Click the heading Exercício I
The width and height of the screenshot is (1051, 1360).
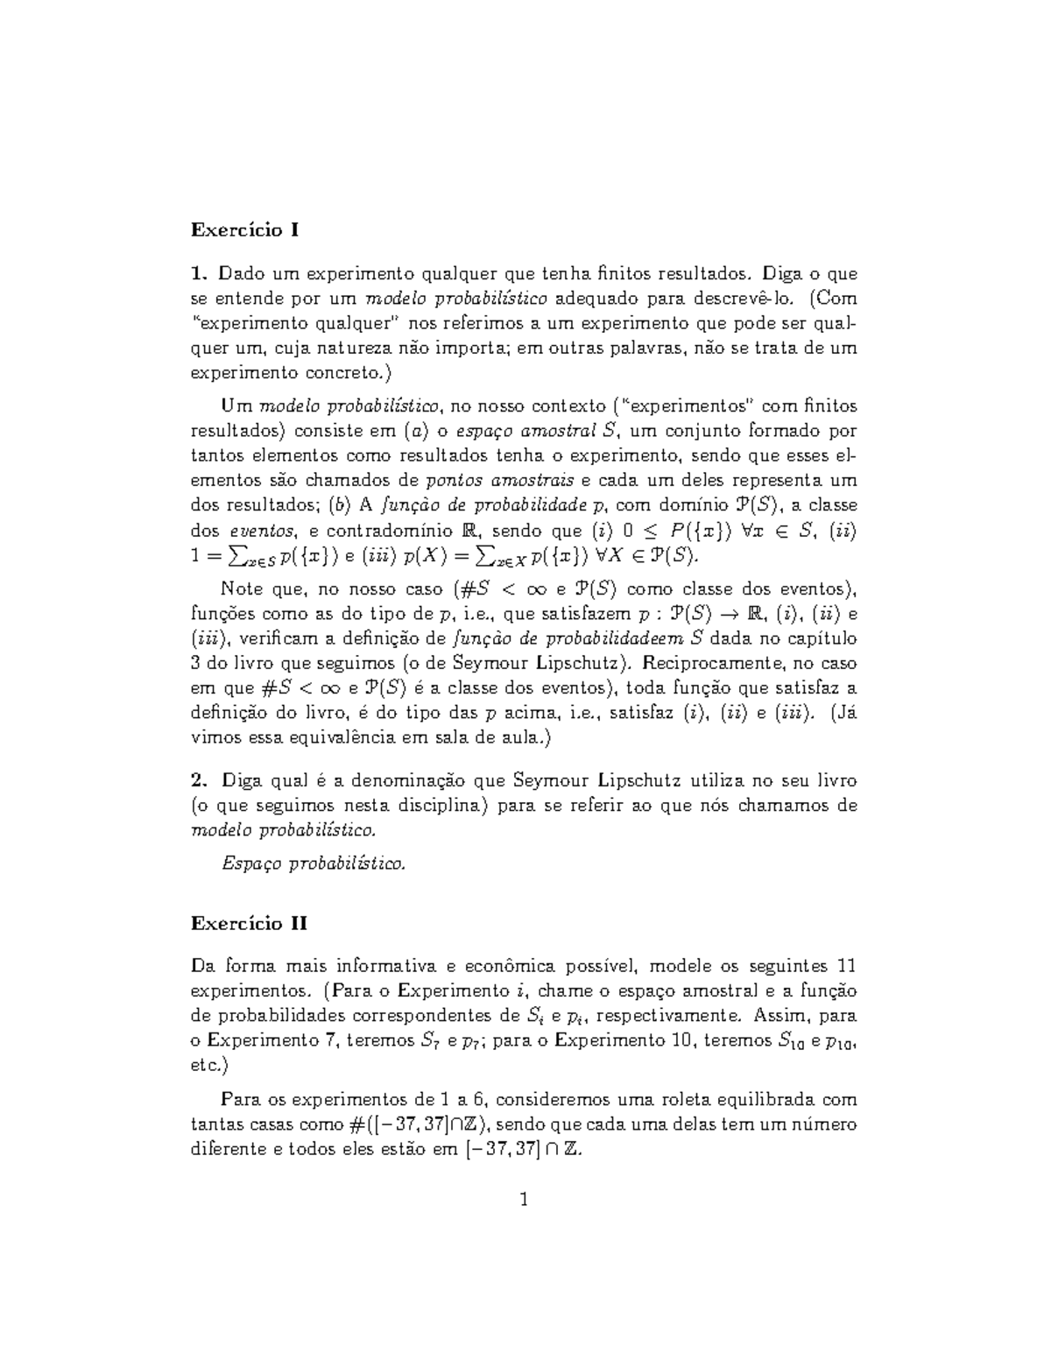(x=245, y=230)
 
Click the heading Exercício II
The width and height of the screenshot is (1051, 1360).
(x=250, y=923)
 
